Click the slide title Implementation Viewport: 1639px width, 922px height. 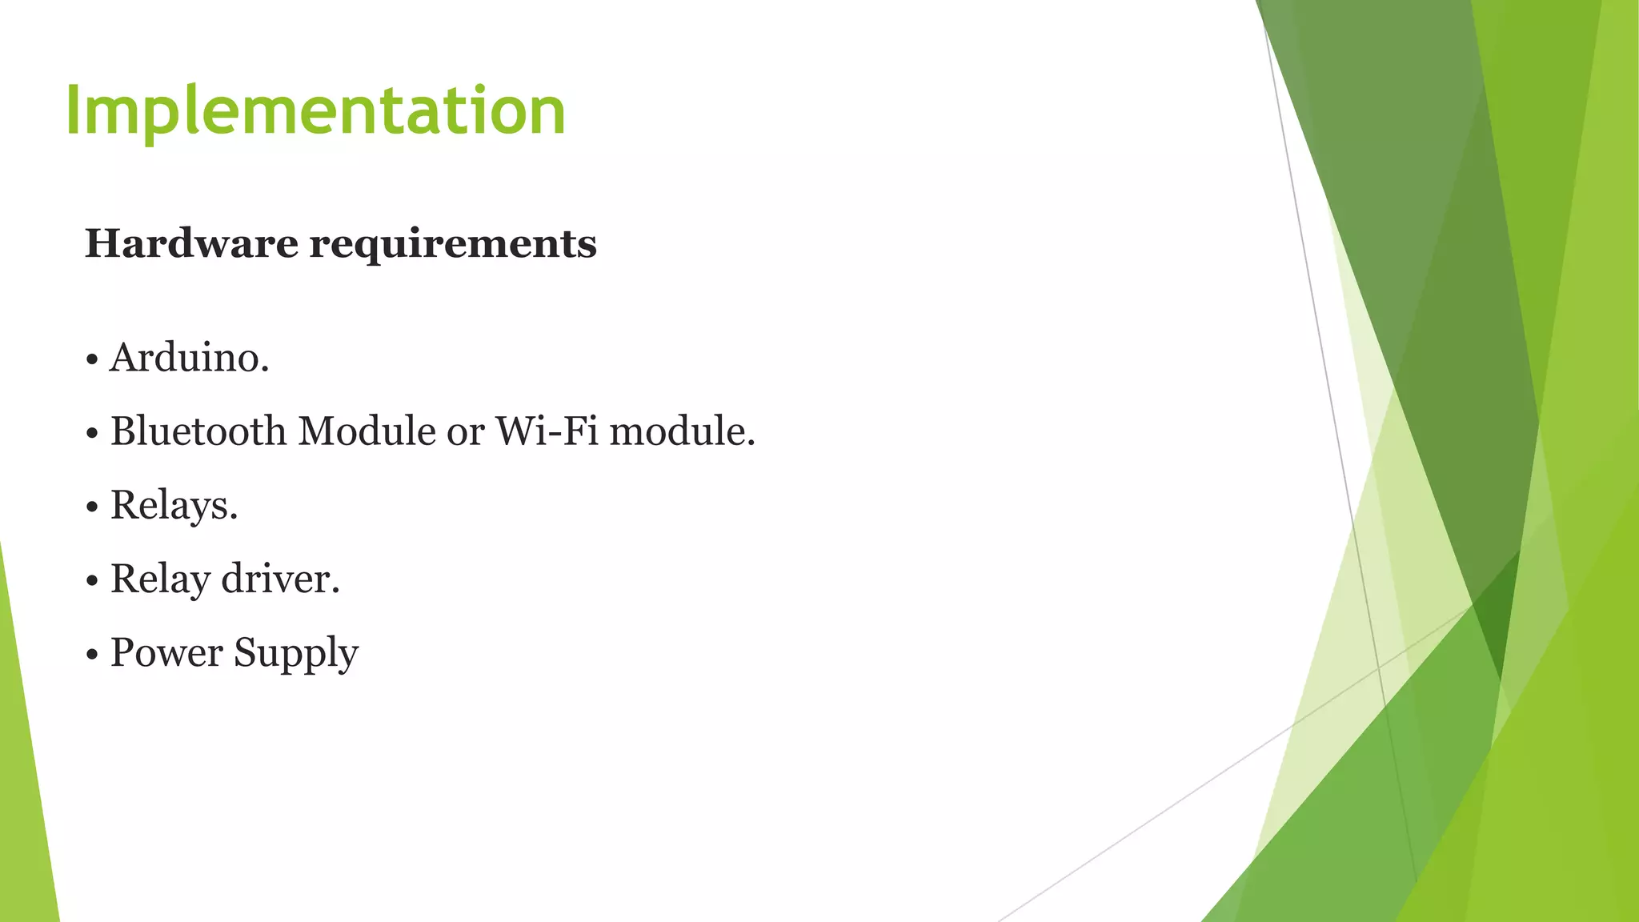coord(315,110)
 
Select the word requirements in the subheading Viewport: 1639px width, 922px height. coord(453,244)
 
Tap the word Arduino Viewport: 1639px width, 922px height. coord(189,357)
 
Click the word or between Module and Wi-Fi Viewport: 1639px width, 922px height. coord(465,433)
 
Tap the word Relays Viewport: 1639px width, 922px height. coord(174,506)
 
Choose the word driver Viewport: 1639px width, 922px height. coord(280,579)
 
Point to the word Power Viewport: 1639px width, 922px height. coord(166,652)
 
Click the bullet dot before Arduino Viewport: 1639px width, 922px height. coord(92,360)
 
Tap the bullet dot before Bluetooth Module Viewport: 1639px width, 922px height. coord(92,434)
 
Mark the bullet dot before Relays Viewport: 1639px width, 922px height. coord(92,507)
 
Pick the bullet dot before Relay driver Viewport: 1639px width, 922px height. coord(92,581)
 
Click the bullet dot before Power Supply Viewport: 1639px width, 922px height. coord(92,655)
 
